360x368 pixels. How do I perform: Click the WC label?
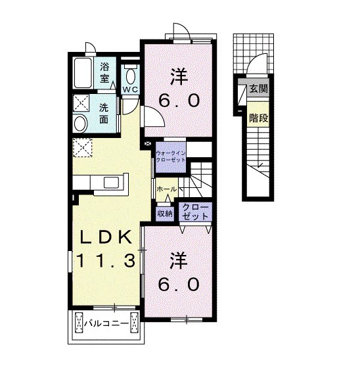(130, 89)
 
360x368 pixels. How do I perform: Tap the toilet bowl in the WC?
(131, 76)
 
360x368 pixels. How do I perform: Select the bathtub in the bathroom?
(83, 73)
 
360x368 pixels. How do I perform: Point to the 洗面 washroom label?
(104, 113)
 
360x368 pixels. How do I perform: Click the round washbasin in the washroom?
(80, 124)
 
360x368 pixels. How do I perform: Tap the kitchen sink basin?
(111, 183)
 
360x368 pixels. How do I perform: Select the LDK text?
(106, 237)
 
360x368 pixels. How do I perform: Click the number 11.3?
(106, 260)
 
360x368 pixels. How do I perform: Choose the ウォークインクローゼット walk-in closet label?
(171, 156)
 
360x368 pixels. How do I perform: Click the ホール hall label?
(166, 189)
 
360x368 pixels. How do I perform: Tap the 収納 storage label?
(165, 214)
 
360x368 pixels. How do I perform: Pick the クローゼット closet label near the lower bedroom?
(196, 212)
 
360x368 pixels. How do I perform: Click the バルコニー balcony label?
(106, 323)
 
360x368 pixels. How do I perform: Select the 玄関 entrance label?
(258, 89)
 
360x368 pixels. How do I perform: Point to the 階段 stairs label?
(258, 118)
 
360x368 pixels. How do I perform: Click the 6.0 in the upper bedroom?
(179, 100)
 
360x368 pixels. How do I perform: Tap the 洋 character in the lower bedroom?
(179, 260)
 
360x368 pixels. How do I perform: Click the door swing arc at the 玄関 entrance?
(254, 60)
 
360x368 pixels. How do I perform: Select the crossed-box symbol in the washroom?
(81, 103)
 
